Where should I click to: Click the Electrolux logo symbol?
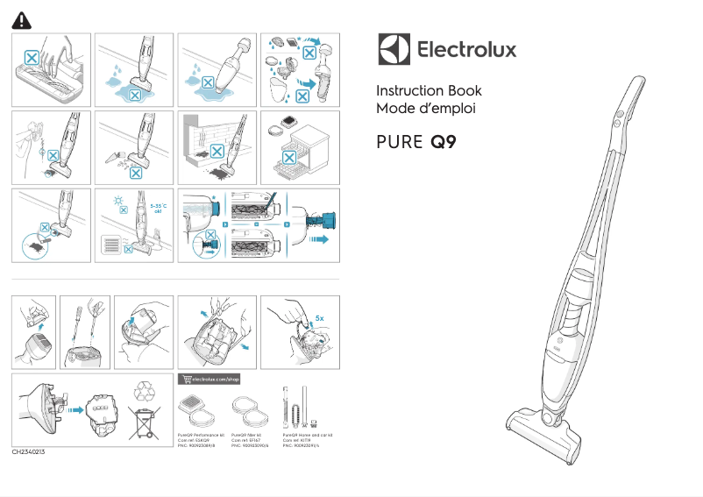click(x=394, y=49)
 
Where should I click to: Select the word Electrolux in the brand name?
click(x=465, y=49)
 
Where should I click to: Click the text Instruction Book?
click(x=429, y=91)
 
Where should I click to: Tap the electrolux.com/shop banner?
click(x=209, y=380)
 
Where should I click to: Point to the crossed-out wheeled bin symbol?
click(x=144, y=423)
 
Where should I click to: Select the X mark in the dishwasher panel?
click(x=287, y=158)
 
